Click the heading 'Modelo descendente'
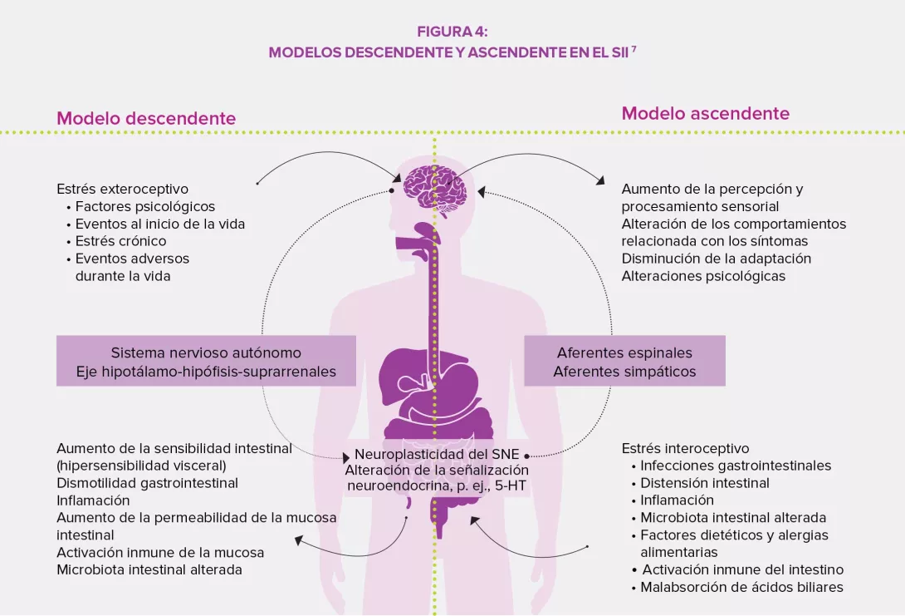coord(146,118)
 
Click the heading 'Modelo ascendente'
coord(705,113)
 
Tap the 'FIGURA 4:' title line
coord(452,32)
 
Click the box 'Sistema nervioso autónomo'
coord(206,353)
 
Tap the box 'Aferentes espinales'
coord(624,353)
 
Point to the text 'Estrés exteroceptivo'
coord(122,189)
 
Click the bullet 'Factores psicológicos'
coord(144,206)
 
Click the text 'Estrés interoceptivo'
coord(685,448)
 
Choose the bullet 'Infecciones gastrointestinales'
coord(735,466)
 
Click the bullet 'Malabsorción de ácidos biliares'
coord(741,587)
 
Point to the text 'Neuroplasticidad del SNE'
coord(436,455)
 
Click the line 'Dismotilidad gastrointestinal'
coord(147,483)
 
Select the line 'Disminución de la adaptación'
coord(716,259)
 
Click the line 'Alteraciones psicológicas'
coord(703,276)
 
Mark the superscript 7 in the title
coord(633,48)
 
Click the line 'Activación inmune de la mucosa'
coord(160,552)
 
